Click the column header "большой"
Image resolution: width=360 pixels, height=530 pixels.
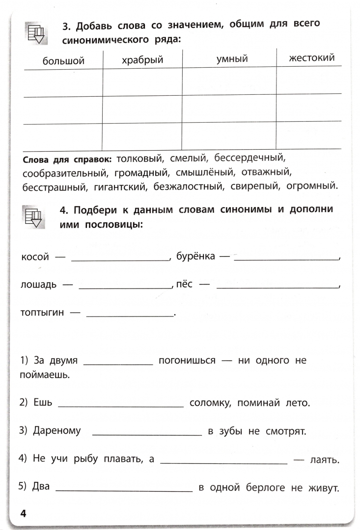click(63, 61)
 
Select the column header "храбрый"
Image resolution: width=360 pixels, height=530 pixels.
click(142, 60)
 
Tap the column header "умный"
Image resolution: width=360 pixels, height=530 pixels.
click(232, 59)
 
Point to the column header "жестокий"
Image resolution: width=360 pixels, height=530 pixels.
click(312, 58)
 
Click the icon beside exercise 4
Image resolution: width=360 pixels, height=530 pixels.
click(35, 217)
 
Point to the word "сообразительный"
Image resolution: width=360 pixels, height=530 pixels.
click(64, 173)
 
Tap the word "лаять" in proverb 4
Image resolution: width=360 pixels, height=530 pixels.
click(325, 460)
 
